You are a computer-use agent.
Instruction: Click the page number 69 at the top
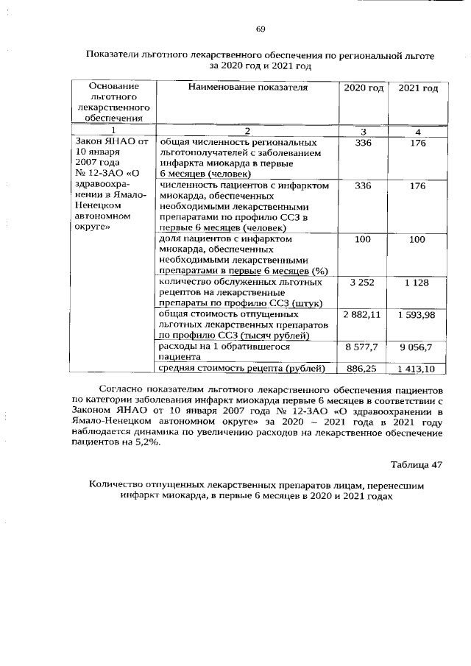pyautogui.click(x=261, y=29)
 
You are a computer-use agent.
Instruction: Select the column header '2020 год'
pyautogui.click(x=364, y=88)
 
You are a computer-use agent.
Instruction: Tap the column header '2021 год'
pyautogui.click(x=418, y=88)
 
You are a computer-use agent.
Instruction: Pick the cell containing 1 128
pyautogui.click(x=418, y=283)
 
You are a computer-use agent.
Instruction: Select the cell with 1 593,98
pyautogui.click(x=417, y=315)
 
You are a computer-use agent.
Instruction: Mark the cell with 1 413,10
pyautogui.click(x=417, y=369)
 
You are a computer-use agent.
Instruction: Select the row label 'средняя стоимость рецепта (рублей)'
pyautogui.click(x=243, y=368)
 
